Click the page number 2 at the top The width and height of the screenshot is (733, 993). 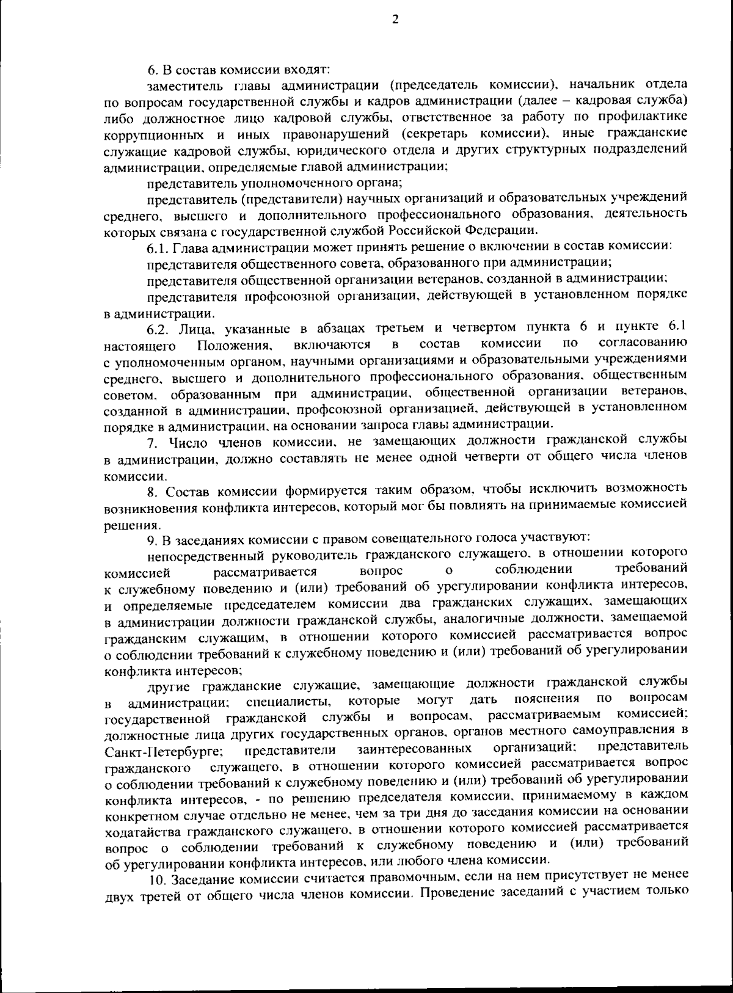[x=395, y=20]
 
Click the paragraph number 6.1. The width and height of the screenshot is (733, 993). [x=157, y=247]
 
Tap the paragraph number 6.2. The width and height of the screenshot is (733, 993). [x=158, y=330]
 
